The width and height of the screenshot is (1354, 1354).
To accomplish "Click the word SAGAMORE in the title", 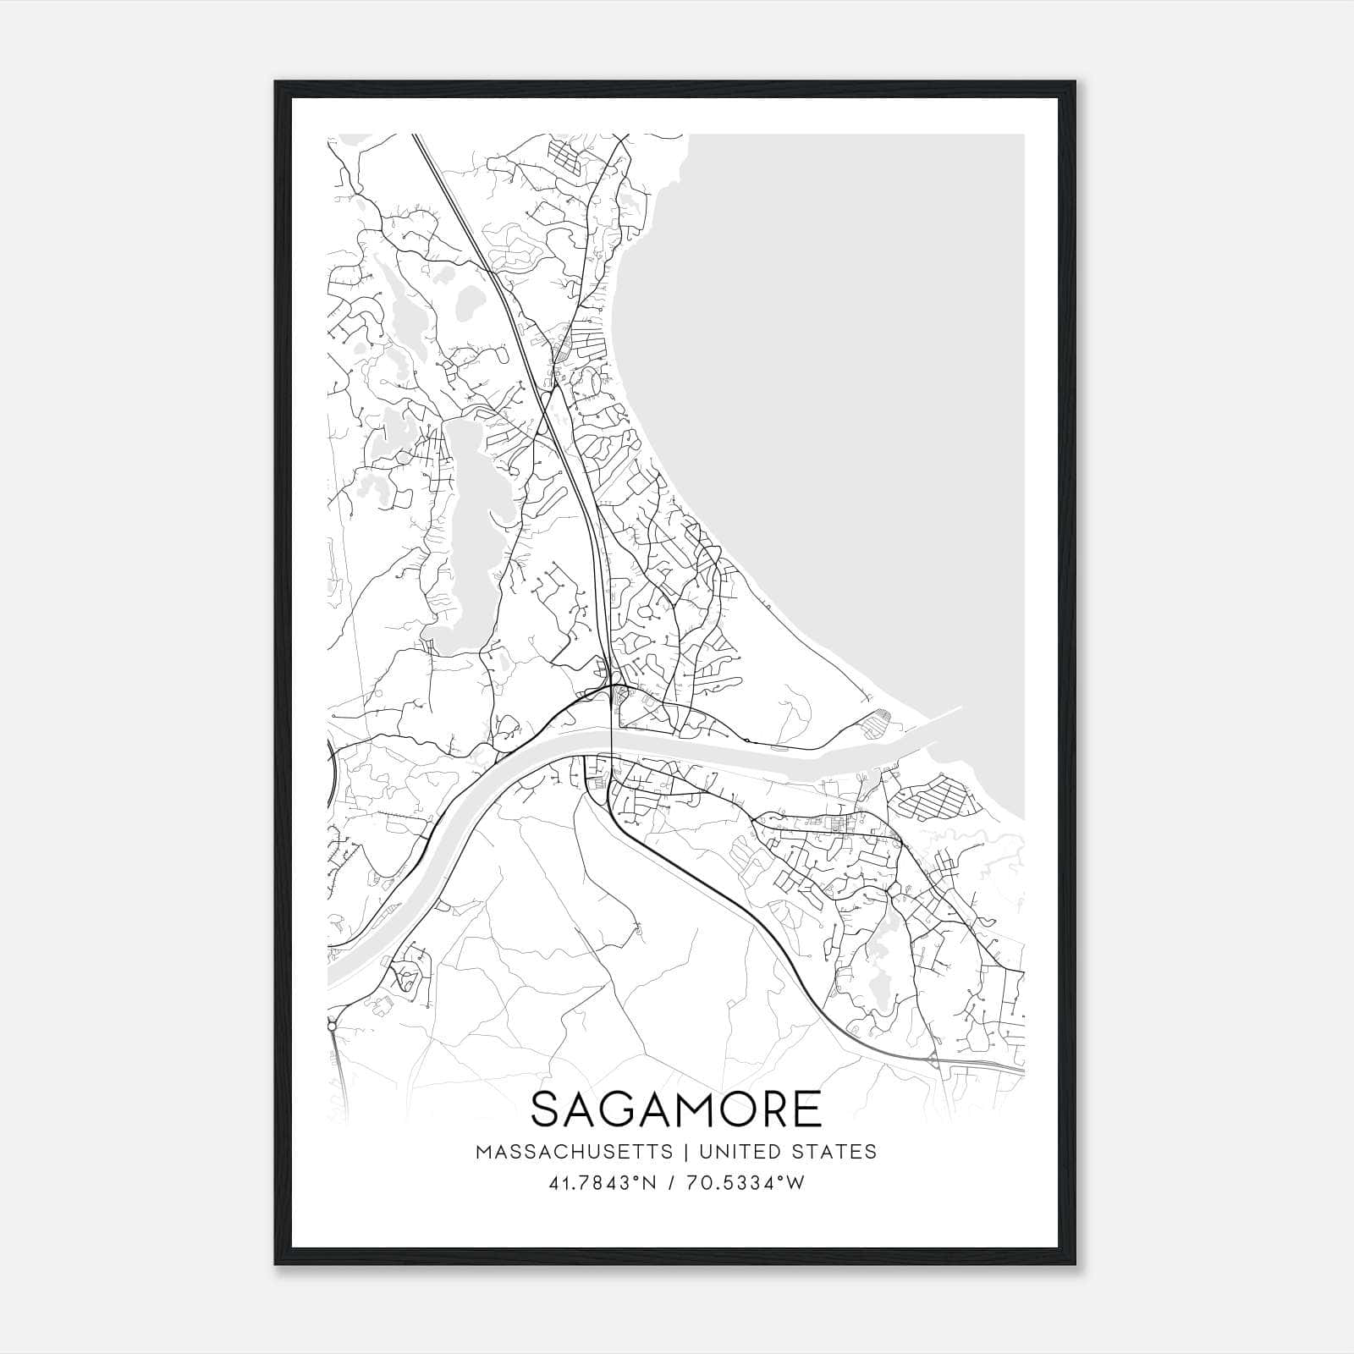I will click(x=676, y=1109).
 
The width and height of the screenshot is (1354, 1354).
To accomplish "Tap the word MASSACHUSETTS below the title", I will click(x=574, y=1152).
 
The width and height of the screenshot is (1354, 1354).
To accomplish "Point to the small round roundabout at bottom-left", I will click(x=332, y=1026).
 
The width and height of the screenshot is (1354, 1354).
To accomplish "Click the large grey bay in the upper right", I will click(x=846, y=338).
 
